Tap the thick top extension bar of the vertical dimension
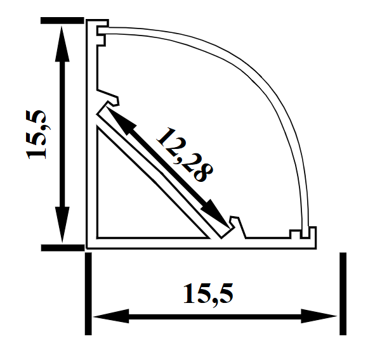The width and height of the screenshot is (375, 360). [x=61, y=21]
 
